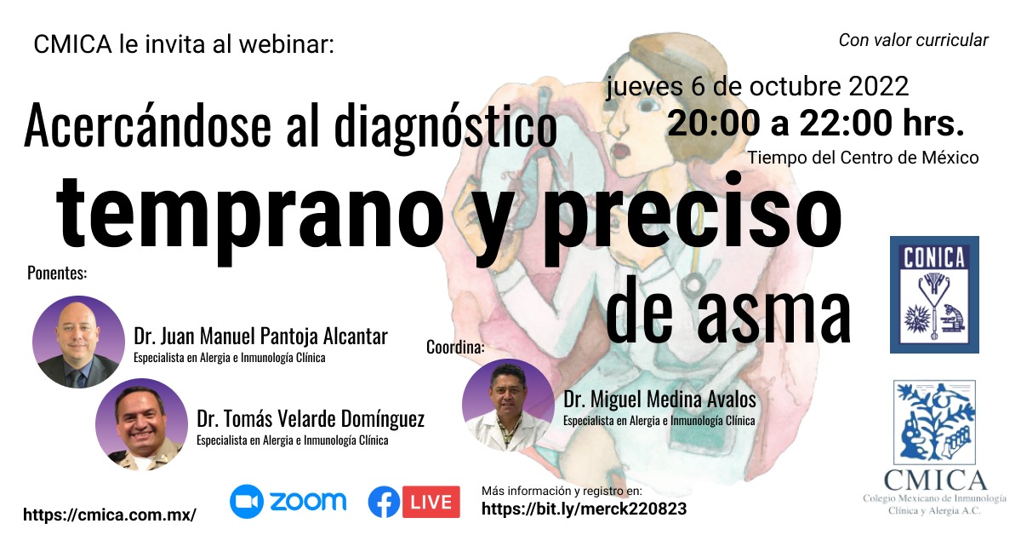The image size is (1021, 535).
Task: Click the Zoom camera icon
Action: pos(247,501)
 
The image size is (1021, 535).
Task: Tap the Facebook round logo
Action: pos(385,502)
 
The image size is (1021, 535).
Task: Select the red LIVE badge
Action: pos(431,502)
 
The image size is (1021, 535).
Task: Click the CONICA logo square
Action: pos(934,295)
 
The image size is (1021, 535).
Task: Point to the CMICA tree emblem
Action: pos(934,423)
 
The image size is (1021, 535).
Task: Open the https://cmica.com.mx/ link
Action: pos(110,515)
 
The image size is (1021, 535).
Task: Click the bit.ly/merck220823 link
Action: pos(584,509)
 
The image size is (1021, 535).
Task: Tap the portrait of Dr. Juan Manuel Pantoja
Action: pos(78,342)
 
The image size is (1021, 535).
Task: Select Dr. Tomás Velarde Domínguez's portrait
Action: pos(141,424)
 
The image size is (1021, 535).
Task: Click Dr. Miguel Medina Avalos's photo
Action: pos(508,405)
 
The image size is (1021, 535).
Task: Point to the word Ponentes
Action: pos(57,273)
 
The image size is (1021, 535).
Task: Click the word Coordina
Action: pos(455,348)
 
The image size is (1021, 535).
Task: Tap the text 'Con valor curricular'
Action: pos(914,40)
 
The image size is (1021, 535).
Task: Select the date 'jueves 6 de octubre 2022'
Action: pos(757,86)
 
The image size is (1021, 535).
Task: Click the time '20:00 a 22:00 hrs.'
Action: pos(816,124)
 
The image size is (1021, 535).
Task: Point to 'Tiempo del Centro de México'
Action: pos(863,158)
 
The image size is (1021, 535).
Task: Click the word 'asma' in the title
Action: pos(773,316)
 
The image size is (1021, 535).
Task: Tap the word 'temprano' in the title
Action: pos(249,215)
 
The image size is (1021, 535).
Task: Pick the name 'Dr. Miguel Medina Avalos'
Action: pos(659,400)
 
